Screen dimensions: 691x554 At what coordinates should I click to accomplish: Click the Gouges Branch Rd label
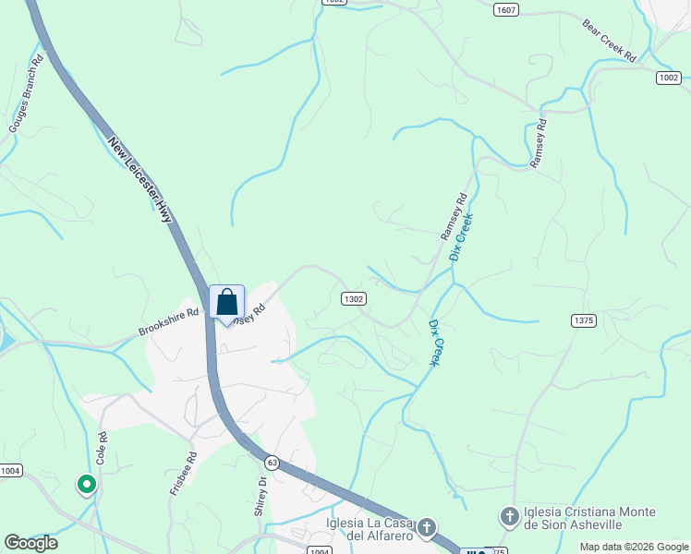coord(26,95)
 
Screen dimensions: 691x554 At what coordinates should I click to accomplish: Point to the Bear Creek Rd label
coord(610,40)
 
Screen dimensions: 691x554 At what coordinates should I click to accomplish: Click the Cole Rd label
coord(101,446)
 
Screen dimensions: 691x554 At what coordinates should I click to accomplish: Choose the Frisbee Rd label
coord(182,474)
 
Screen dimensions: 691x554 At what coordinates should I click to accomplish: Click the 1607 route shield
coord(505,10)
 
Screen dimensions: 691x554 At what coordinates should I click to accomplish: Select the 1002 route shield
coord(670,78)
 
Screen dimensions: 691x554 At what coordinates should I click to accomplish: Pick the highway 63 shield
coord(272,461)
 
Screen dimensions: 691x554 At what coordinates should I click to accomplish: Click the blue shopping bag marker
coord(227,303)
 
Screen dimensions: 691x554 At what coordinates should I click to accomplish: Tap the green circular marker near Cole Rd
coord(86,484)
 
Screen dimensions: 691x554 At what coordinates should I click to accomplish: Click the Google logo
coord(30,543)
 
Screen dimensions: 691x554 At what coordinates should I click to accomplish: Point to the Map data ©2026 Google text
coord(634,547)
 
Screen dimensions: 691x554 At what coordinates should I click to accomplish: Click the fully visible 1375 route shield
coord(584,320)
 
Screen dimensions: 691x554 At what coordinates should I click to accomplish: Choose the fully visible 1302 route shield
coord(353,298)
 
